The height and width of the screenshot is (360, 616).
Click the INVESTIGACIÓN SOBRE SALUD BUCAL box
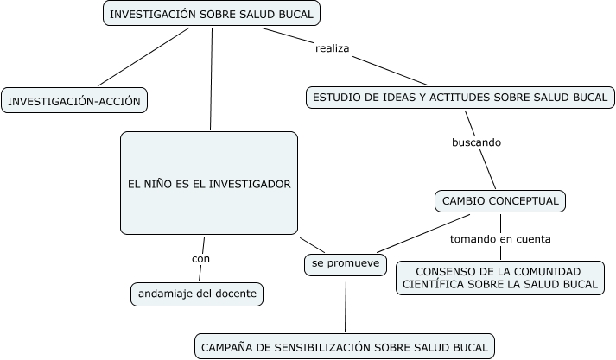[212, 14]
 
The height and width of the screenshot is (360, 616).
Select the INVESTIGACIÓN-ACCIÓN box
[73, 100]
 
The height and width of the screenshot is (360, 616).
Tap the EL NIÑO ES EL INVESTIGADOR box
[208, 183]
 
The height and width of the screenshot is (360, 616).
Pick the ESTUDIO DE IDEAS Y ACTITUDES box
[460, 97]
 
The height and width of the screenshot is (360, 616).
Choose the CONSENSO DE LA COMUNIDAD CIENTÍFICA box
[500, 277]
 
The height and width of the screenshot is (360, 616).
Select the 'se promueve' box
[346, 263]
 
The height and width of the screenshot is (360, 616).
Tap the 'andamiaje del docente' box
[197, 294]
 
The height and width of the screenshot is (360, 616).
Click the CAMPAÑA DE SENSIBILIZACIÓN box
[345, 347]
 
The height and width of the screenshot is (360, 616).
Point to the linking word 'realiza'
[333, 48]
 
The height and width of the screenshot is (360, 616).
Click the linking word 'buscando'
[476, 142]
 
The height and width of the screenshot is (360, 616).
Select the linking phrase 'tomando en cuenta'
[500, 238]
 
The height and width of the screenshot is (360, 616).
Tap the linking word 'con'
[200, 258]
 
